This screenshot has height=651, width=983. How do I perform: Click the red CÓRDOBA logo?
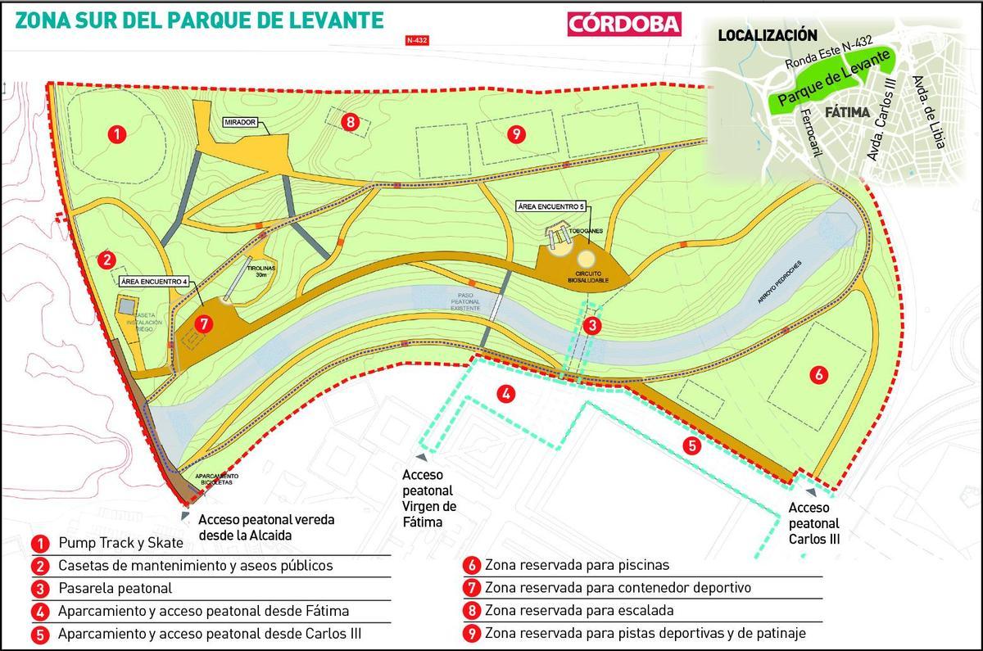[624, 23]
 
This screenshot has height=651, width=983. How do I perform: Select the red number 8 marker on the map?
[351, 123]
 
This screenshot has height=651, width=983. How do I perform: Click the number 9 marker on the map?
[514, 134]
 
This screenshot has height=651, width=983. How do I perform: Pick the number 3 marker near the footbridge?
[591, 325]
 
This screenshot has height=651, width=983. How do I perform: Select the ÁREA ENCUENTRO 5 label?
[551, 206]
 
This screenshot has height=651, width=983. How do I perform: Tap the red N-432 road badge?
[417, 39]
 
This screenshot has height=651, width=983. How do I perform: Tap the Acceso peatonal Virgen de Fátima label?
[428, 499]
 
